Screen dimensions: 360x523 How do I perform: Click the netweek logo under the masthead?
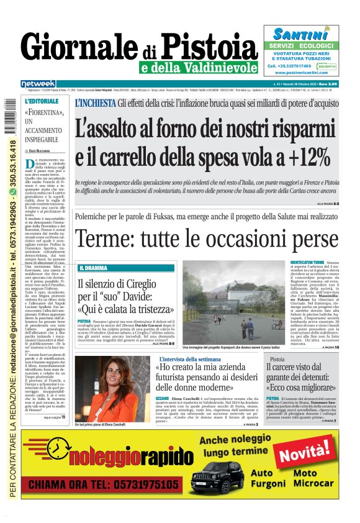(38, 83)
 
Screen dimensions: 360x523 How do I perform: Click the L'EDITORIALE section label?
(41, 101)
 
